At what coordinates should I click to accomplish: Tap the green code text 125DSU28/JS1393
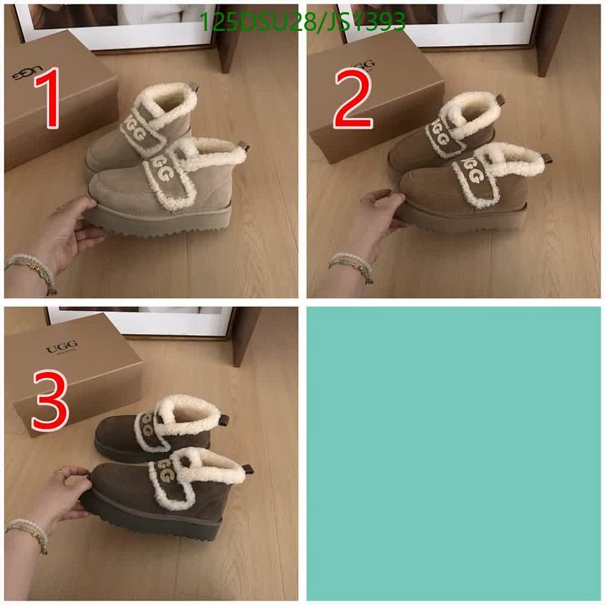point(302,22)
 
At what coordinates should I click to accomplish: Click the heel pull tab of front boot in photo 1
point(243,147)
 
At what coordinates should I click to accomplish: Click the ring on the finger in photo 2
point(365,199)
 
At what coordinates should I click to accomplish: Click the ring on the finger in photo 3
point(59,474)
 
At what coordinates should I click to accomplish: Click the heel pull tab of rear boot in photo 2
point(500,100)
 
